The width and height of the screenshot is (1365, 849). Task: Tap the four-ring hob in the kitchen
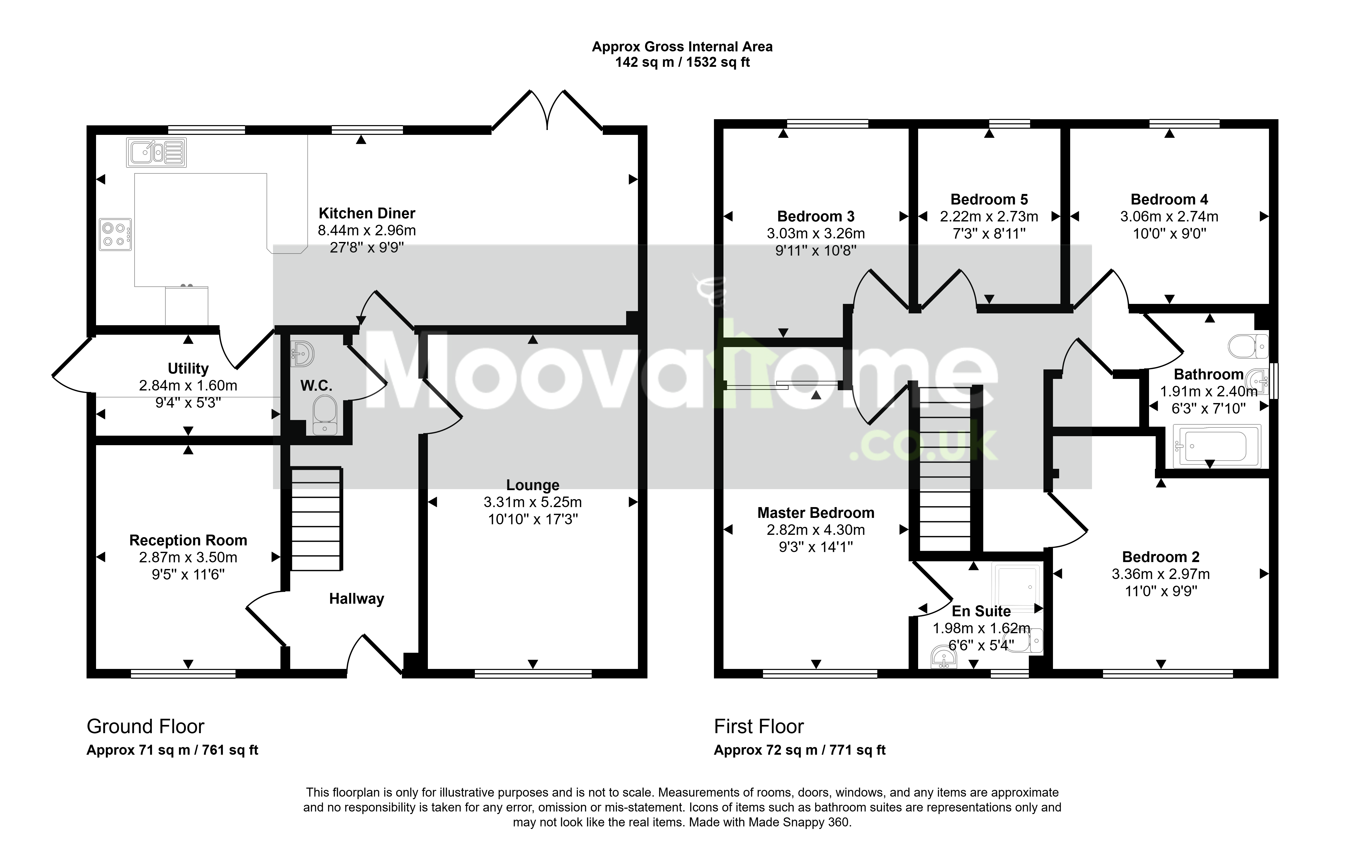[x=116, y=234]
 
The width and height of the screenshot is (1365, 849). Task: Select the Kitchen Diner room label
[x=367, y=213]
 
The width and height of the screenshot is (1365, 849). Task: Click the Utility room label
[x=188, y=369]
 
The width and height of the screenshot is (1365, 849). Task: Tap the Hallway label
[x=356, y=599]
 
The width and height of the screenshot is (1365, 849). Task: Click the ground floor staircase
[x=316, y=519]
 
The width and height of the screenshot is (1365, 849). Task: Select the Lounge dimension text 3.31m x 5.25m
[x=533, y=502]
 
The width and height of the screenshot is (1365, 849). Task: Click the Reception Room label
[x=188, y=540]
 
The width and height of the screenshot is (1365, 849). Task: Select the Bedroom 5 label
[x=989, y=199]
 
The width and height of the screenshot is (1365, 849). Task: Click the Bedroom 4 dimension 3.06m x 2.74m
[x=1169, y=216]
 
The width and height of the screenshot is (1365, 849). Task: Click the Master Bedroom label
[x=815, y=513]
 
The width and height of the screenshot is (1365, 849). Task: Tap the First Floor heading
[x=759, y=726]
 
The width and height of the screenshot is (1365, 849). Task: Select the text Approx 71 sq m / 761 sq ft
[x=172, y=750]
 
